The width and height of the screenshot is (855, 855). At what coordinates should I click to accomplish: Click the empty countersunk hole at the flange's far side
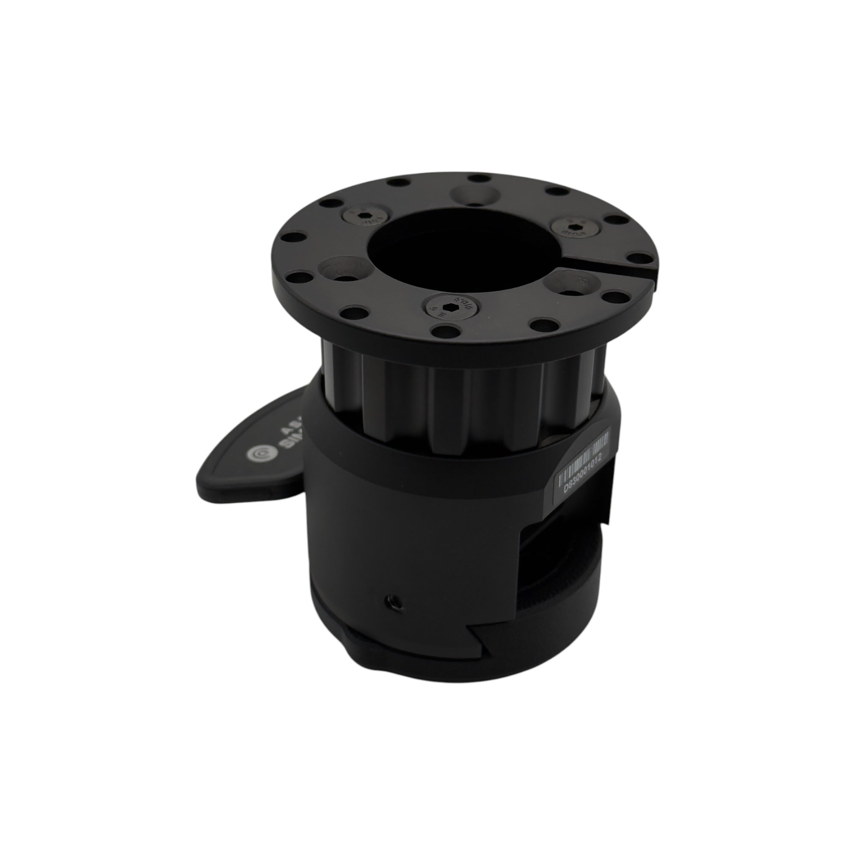(474, 194)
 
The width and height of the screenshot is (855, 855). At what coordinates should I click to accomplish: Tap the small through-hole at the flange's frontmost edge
(442, 329)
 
